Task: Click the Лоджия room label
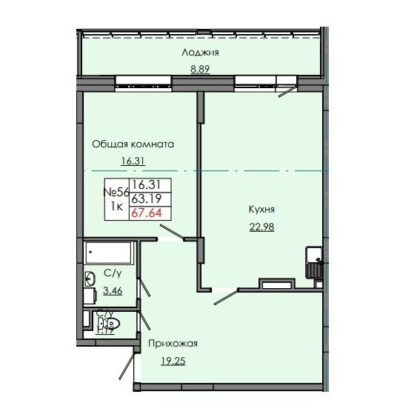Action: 201,53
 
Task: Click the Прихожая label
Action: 172,343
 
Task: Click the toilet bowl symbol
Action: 112,323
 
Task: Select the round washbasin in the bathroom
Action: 90,279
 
